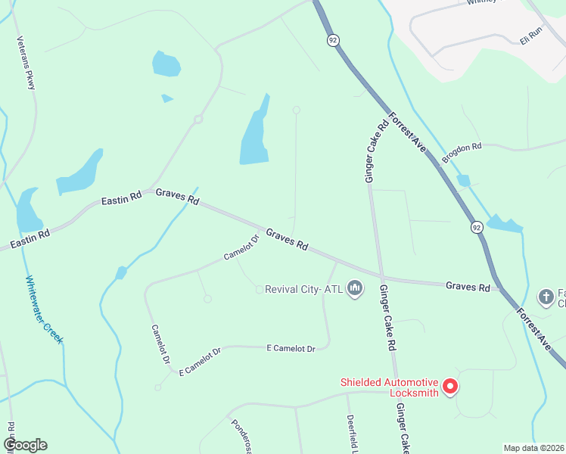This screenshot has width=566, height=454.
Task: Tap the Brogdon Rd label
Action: (462, 153)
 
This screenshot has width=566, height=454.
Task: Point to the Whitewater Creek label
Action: (44, 309)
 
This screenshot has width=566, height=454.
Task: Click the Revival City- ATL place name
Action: (304, 289)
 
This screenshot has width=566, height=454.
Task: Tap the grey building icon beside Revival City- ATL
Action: (354, 288)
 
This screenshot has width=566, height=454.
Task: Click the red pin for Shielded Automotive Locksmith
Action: (449, 387)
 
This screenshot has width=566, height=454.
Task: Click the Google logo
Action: (25, 444)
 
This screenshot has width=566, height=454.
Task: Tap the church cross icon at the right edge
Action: (546, 297)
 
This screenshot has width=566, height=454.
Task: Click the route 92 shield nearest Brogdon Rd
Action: (476, 227)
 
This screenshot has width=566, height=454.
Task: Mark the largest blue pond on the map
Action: (254, 132)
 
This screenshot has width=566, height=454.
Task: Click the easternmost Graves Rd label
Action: (468, 286)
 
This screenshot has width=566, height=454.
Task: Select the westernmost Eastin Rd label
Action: (30, 241)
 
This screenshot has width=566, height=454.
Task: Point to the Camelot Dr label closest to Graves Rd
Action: (241, 247)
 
